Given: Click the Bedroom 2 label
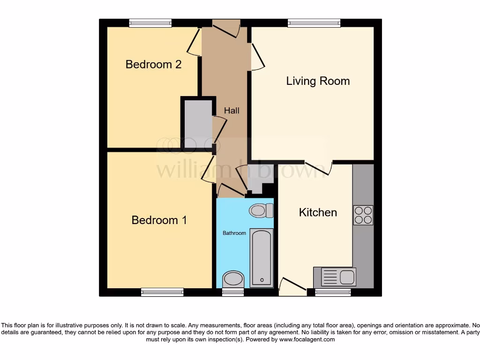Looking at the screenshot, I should coord(153,64).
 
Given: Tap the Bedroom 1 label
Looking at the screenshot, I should coord(159,220).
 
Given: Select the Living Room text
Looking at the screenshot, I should coord(318,81).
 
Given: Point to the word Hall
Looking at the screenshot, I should coord(232,111).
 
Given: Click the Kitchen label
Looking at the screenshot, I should coord(318,212).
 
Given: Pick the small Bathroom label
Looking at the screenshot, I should coord(234,233).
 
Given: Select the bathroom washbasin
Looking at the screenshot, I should coord(233,279).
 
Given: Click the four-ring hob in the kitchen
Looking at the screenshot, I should coord(363,215).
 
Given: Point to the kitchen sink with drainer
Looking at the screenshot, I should coord(337,277).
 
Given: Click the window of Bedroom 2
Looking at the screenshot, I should coord(150,23).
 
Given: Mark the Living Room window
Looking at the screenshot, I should coord(314,23).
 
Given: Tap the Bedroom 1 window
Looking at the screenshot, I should coord(162,292).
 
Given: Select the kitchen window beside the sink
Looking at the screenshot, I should coord(333,292).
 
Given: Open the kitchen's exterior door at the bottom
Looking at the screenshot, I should coord(293,287).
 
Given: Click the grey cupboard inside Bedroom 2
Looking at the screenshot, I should coord(197,124).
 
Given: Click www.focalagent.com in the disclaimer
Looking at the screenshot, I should coord(307,339).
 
